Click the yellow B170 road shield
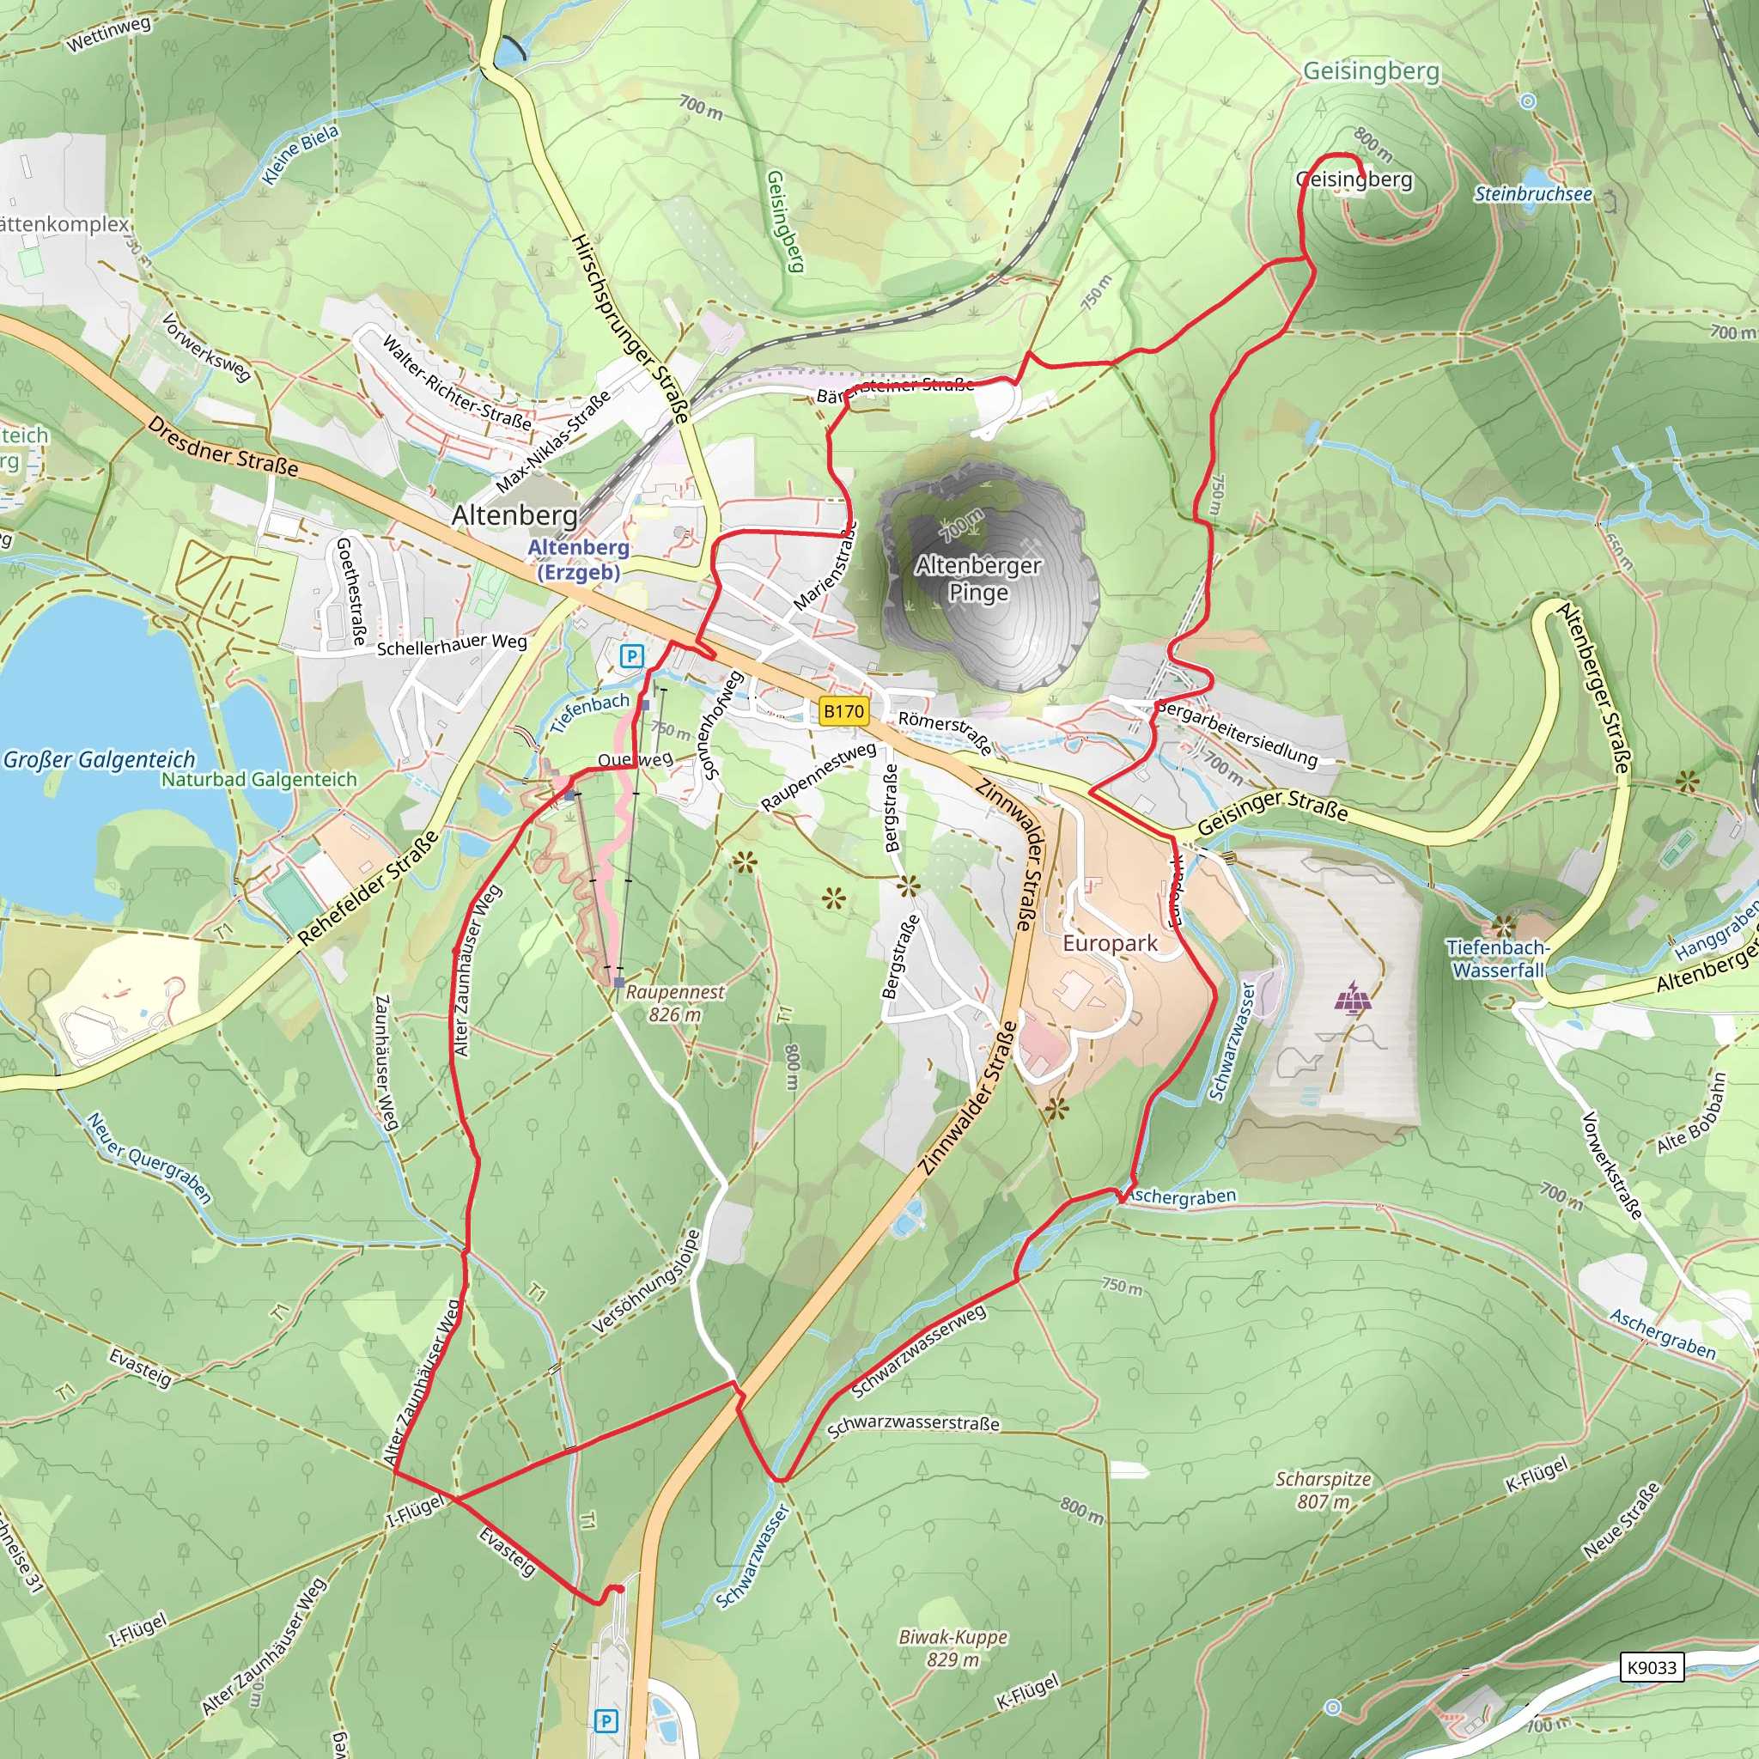tap(843, 711)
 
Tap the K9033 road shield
tap(1652, 1667)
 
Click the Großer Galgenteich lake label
tap(100, 759)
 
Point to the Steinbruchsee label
tap(1533, 194)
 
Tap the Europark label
tap(1110, 943)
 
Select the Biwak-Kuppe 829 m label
tap(953, 1648)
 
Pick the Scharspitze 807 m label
tap(1323, 1490)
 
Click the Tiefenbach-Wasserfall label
tap(1498, 959)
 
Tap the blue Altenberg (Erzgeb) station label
tap(578, 559)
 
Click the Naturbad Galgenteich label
tap(259, 779)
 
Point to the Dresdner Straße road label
tap(223, 446)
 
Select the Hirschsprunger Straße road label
tap(630, 328)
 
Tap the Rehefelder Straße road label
tap(368, 888)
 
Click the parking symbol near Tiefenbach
tap(631, 654)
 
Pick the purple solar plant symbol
tap(1353, 999)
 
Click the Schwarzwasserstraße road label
tap(913, 1426)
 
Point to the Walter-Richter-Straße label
tap(456, 382)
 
